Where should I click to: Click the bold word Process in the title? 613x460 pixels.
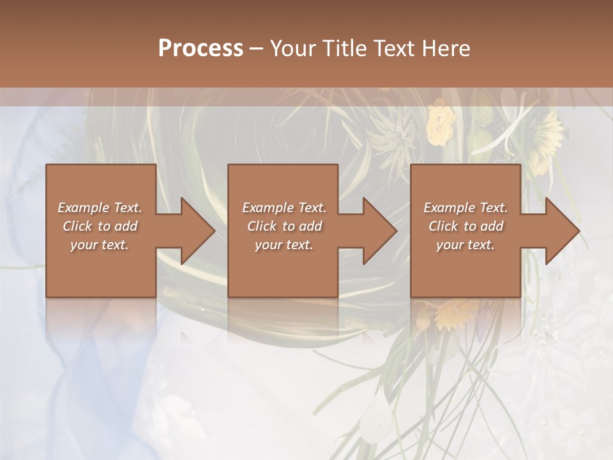pos(201,48)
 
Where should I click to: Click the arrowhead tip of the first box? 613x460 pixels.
pos(214,231)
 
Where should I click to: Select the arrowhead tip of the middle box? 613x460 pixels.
pos(396,231)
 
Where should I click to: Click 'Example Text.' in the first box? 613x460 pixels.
pos(100,208)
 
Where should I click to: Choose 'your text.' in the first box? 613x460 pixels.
pos(100,245)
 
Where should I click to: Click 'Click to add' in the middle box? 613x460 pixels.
pos(284,226)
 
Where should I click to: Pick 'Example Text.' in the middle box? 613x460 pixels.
pos(284,208)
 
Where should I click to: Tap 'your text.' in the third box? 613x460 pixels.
pos(465,245)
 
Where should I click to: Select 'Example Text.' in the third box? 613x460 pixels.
pos(465,208)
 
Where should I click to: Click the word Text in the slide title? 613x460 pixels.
pos(393,49)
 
